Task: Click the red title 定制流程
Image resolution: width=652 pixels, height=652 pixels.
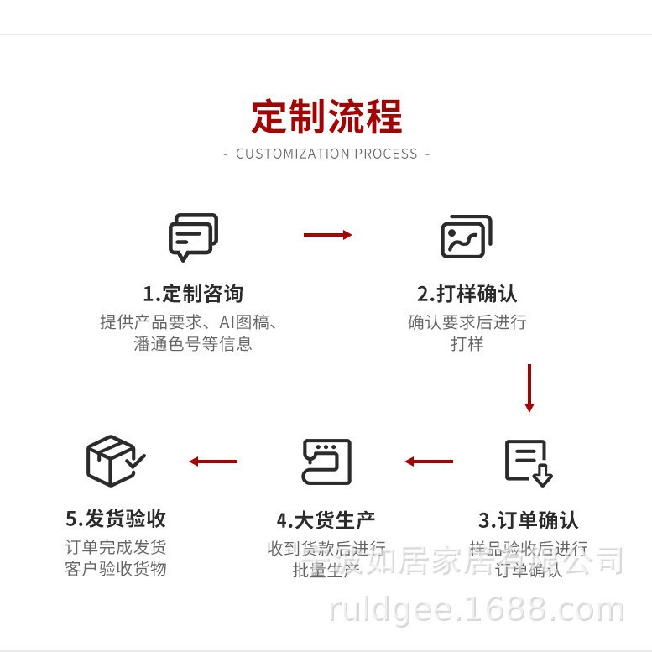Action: click(x=326, y=117)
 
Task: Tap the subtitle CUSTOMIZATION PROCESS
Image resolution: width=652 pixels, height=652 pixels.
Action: click(x=326, y=154)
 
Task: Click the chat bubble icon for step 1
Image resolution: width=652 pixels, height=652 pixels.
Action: click(x=193, y=237)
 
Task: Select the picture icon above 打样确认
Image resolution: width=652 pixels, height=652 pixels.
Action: click(x=466, y=237)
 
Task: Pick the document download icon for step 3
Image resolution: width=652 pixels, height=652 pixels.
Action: click(x=529, y=462)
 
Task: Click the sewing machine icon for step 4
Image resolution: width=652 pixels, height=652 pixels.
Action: click(x=326, y=462)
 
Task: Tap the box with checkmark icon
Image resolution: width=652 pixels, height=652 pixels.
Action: click(x=115, y=461)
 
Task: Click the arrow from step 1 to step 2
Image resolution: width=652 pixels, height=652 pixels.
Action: click(x=327, y=235)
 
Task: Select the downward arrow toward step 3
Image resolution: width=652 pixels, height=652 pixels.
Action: click(x=529, y=388)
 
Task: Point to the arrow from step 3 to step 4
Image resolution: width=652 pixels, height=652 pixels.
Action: click(x=429, y=462)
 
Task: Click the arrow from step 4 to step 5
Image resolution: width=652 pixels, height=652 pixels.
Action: click(x=213, y=462)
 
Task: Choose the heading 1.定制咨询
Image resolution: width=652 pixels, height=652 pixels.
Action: click(x=193, y=294)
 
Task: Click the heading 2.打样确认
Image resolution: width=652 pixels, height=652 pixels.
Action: click(x=467, y=294)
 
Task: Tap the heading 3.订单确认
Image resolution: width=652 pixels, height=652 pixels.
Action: click(x=529, y=519)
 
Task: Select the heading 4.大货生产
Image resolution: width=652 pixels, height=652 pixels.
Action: click(x=326, y=519)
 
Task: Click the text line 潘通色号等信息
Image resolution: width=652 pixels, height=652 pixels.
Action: click(x=193, y=344)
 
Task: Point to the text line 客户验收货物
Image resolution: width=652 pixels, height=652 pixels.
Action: click(x=116, y=569)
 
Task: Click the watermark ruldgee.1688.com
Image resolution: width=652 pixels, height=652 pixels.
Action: click(x=477, y=610)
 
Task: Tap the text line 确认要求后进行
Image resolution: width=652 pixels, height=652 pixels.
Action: click(x=467, y=322)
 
